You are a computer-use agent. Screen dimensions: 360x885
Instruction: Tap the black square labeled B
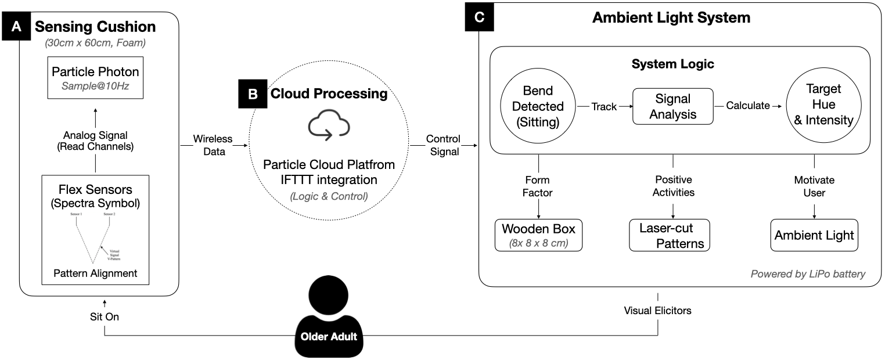tap(253, 94)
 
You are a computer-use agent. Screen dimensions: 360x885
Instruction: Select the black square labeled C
tap(479, 17)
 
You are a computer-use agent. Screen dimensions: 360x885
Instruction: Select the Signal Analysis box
tap(672, 106)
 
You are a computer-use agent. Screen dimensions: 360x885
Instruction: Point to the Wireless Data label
tap(212, 146)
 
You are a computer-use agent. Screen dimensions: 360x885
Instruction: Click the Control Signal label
tap(442, 146)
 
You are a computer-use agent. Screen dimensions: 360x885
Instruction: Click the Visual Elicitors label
tap(658, 311)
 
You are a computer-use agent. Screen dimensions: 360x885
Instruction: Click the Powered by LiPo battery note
tap(808, 273)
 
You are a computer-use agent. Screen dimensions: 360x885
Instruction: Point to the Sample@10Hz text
tap(96, 87)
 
